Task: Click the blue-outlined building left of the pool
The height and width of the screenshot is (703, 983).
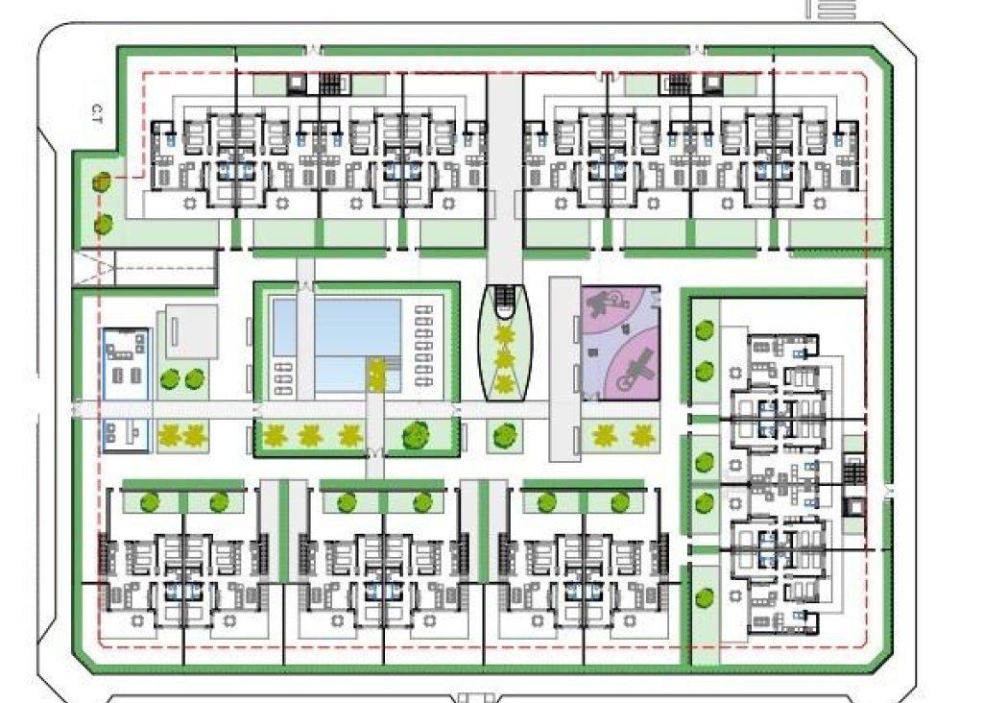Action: tap(125, 389)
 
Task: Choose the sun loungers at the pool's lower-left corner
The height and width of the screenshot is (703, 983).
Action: tap(284, 377)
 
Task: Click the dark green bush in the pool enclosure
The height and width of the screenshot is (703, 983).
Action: tap(417, 435)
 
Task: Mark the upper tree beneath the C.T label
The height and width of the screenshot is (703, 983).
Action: tap(101, 182)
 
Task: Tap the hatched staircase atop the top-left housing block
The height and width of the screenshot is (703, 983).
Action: tap(329, 83)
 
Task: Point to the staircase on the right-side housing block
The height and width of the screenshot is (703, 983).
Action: tap(853, 473)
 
